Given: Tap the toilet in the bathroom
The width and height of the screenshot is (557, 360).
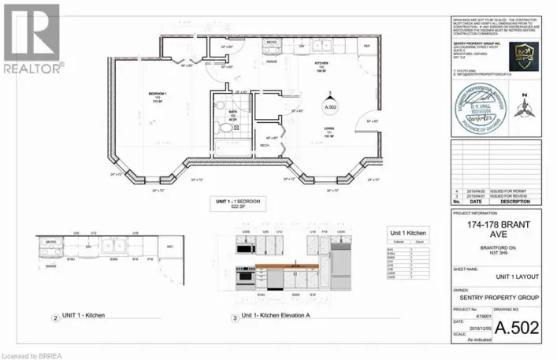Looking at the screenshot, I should [x=221, y=105].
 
